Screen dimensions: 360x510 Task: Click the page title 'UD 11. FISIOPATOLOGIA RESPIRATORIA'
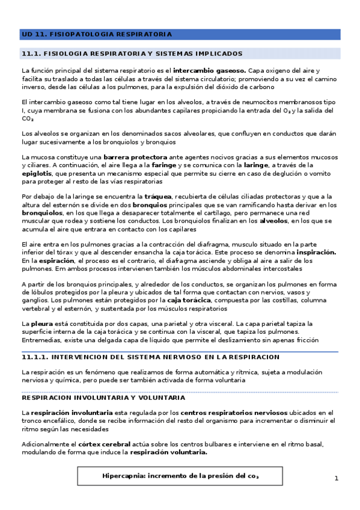click(x=96, y=34)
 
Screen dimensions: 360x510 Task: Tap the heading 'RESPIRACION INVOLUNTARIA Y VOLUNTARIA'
click(x=103, y=398)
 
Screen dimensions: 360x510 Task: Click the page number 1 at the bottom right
click(x=337, y=478)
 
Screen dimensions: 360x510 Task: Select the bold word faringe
click(x=166, y=165)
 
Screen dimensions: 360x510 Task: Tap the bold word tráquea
click(x=159, y=197)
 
